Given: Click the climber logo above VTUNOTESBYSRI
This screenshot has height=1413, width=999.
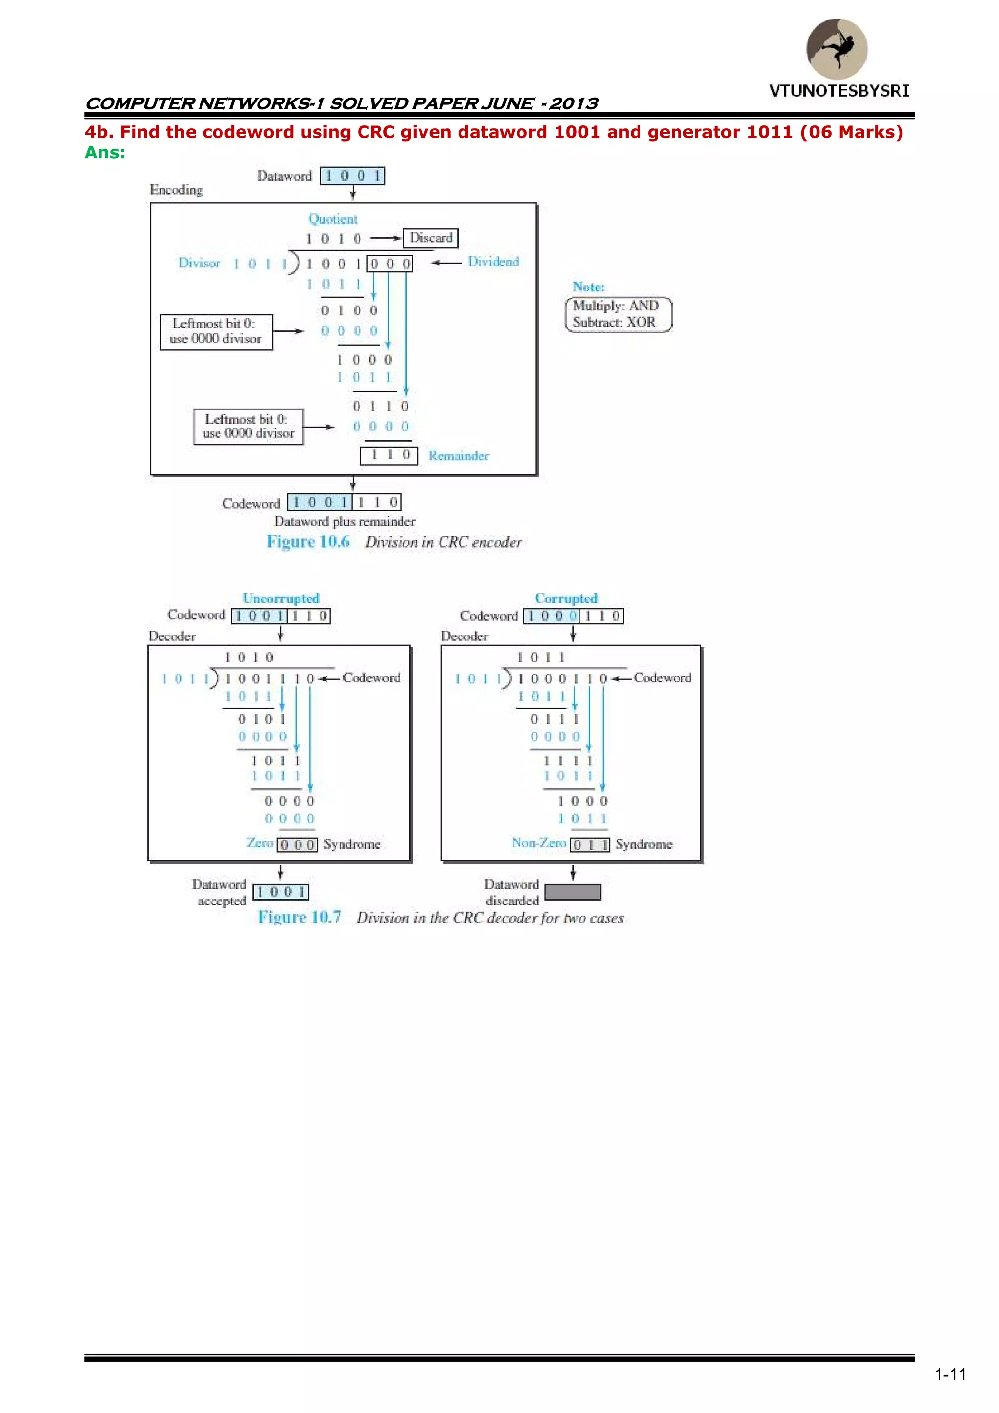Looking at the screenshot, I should point(837,49).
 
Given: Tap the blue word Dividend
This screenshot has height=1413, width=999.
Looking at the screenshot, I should point(493,262).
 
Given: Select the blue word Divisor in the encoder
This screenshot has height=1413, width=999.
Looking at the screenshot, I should point(200,264).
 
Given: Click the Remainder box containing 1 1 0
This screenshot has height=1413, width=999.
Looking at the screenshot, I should point(389,455).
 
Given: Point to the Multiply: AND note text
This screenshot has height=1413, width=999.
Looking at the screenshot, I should point(615,306).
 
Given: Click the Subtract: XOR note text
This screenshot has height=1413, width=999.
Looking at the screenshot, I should point(614,322).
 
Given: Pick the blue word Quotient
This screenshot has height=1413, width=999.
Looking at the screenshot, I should point(332,219).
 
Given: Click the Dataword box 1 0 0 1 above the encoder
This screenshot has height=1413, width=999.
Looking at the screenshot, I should point(353,176).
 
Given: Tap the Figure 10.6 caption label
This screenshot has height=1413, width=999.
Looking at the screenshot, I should point(308,542).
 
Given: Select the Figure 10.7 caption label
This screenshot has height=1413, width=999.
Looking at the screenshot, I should point(299,917).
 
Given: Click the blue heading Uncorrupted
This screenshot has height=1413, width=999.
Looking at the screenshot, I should point(280,598).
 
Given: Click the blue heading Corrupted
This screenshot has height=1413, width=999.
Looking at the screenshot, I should point(566,598).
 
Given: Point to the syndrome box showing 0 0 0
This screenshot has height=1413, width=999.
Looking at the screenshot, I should point(297,844).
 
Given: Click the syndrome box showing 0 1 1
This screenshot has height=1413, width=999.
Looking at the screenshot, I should point(590,844).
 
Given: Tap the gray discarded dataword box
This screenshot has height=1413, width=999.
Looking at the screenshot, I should point(573,892).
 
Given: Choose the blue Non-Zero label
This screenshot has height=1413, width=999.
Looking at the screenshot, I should point(538,842).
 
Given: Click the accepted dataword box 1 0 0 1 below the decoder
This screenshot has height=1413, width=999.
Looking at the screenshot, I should point(280,892).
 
